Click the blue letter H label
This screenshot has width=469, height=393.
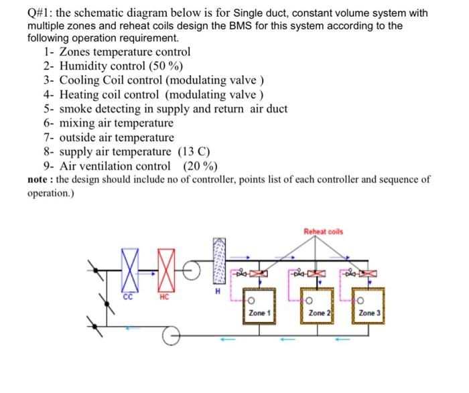click(x=217, y=290)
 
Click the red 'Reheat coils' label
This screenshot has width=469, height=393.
click(x=323, y=232)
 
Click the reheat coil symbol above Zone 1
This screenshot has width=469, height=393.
click(x=258, y=273)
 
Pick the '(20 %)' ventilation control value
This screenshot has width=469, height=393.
click(x=200, y=166)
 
